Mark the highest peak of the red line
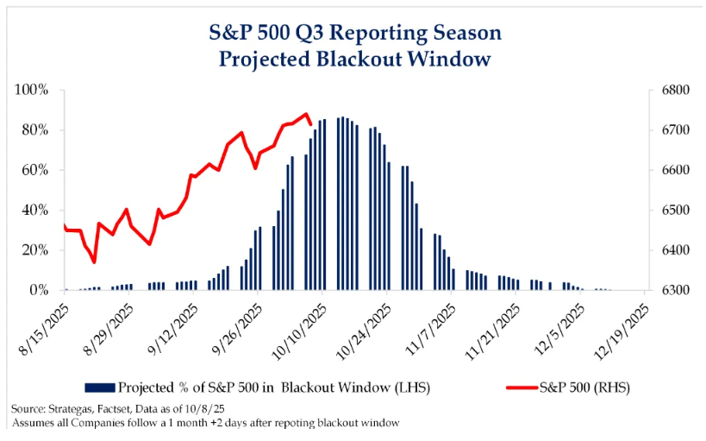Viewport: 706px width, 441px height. tap(305, 113)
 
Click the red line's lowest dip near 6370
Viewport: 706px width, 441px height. tap(94, 261)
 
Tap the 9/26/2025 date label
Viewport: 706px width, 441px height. tap(238, 323)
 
